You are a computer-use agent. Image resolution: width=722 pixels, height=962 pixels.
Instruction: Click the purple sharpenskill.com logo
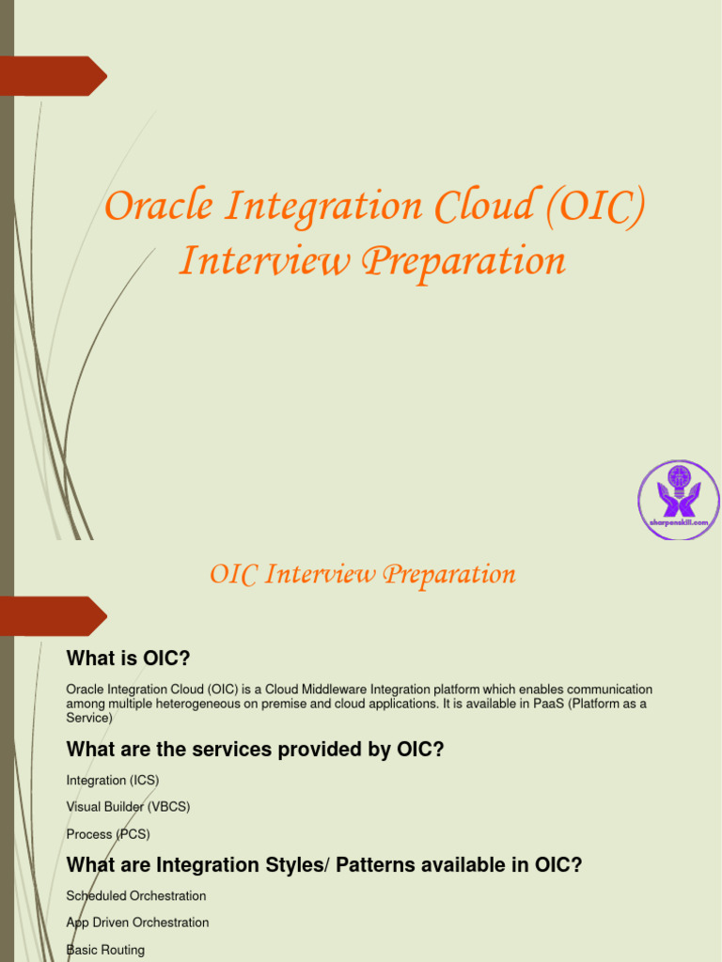(x=679, y=500)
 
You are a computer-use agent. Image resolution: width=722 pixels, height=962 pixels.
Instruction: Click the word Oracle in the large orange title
(x=159, y=206)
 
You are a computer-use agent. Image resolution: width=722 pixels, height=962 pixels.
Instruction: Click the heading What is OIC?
(x=128, y=659)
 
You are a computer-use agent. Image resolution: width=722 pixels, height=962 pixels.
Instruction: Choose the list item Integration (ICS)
(x=113, y=781)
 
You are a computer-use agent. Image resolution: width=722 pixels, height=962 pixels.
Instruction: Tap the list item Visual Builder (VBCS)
(x=128, y=807)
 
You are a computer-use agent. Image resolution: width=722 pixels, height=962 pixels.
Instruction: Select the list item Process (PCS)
(x=108, y=834)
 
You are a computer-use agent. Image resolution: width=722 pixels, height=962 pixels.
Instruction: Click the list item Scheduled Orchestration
(x=136, y=895)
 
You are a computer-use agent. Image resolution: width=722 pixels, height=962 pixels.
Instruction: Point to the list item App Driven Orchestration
(x=137, y=923)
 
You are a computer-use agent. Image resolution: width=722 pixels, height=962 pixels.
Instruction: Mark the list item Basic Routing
(x=105, y=950)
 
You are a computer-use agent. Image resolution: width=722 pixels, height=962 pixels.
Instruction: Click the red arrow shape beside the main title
(x=54, y=76)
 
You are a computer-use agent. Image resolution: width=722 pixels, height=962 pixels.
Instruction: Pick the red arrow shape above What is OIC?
(x=54, y=616)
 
